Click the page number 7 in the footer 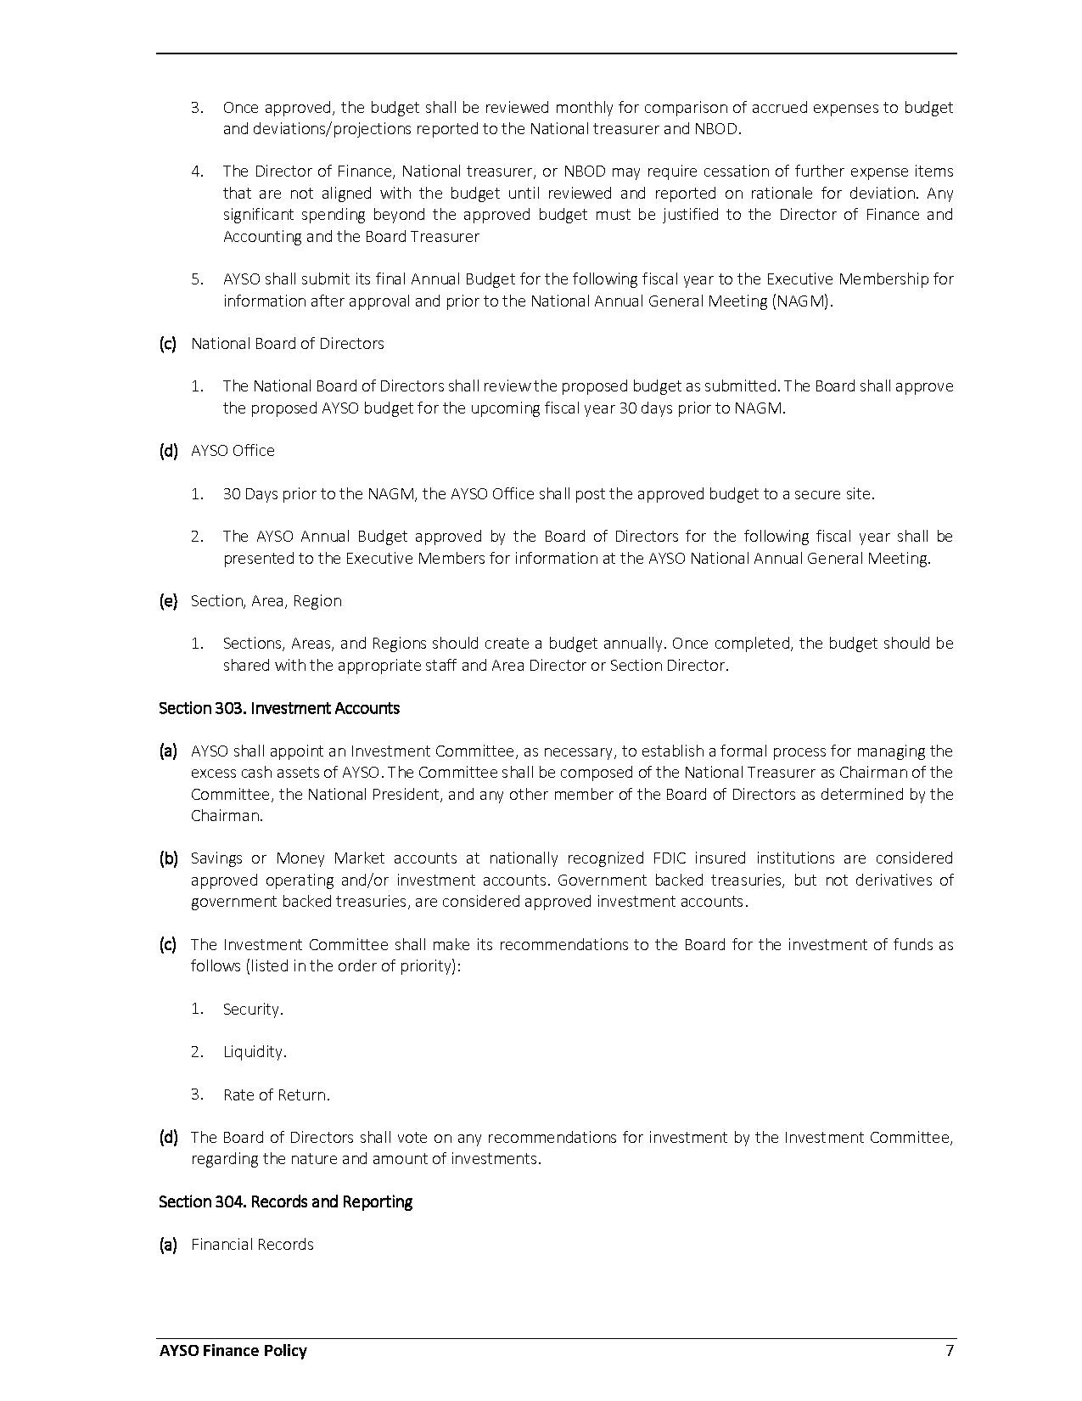[x=950, y=1351]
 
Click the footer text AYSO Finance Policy [x=233, y=1351]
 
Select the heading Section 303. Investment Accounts [x=278, y=708]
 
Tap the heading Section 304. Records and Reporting [x=285, y=1201]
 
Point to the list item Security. [x=252, y=1009]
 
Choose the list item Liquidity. [x=255, y=1051]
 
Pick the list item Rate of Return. [x=276, y=1094]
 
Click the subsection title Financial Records [x=252, y=1244]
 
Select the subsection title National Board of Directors [x=287, y=343]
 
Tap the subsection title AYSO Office [x=233, y=450]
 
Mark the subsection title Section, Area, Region [x=266, y=600]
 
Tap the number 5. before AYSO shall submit [x=197, y=279]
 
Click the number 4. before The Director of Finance [x=197, y=171]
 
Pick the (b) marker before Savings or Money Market [x=168, y=858]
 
